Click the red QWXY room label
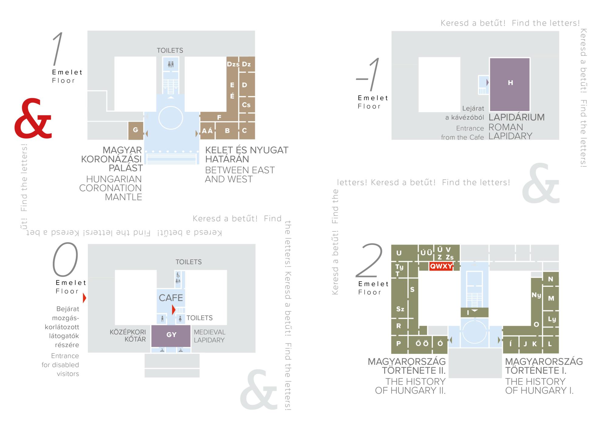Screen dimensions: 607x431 (441, 266)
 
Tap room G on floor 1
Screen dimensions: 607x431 (136, 131)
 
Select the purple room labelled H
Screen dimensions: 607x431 (510, 84)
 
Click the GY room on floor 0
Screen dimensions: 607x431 (171, 336)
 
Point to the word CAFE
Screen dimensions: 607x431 (171, 298)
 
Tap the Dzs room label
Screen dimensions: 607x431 (233, 64)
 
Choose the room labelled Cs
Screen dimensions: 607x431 (246, 105)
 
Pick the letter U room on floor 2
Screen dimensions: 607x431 (399, 253)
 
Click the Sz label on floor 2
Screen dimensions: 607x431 (400, 309)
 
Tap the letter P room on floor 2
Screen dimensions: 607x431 (399, 344)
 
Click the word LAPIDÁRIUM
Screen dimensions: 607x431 (517, 117)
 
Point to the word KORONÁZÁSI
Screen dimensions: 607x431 (112, 159)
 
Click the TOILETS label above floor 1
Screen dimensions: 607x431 (170, 50)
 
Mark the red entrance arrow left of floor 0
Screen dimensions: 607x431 (85, 298)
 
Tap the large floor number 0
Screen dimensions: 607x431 (65, 259)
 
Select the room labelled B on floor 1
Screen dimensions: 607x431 (227, 131)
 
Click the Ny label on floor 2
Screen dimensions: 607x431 (536, 295)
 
